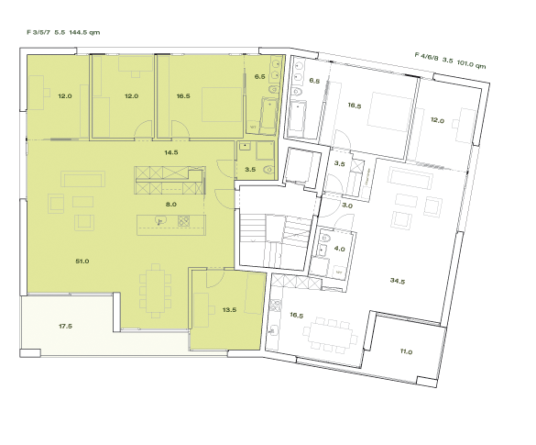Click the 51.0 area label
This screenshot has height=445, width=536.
coord(82,261)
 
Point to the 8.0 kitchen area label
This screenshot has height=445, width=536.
coord(170,205)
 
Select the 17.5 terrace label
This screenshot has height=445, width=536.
coord(65,326)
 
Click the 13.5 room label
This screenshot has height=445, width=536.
coord(229,310)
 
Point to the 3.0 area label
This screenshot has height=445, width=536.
coord(347,206)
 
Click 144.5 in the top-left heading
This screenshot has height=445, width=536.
coord(83,32)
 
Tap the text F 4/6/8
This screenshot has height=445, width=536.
coord(427,56)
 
